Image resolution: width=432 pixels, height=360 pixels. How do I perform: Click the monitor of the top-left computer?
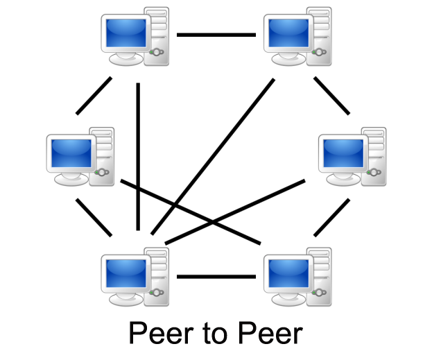point(126,31)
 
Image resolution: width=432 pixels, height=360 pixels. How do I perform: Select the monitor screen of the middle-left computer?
point(70,151)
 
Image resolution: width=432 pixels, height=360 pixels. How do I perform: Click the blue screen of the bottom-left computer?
point(126,272)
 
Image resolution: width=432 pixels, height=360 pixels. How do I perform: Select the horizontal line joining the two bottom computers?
point(216,277)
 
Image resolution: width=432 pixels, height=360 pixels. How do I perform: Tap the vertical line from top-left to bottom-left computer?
point(139,156)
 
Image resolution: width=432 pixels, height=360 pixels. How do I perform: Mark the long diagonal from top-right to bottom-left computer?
point(211,156)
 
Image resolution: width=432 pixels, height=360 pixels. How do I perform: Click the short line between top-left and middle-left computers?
point(94,95)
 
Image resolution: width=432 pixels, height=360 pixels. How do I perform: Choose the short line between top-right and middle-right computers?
point(332,95)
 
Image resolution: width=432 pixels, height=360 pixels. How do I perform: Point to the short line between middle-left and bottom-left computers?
point(94,217)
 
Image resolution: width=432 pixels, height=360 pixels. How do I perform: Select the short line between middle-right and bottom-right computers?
point(332,217)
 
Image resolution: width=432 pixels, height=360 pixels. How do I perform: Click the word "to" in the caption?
point(216,334)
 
